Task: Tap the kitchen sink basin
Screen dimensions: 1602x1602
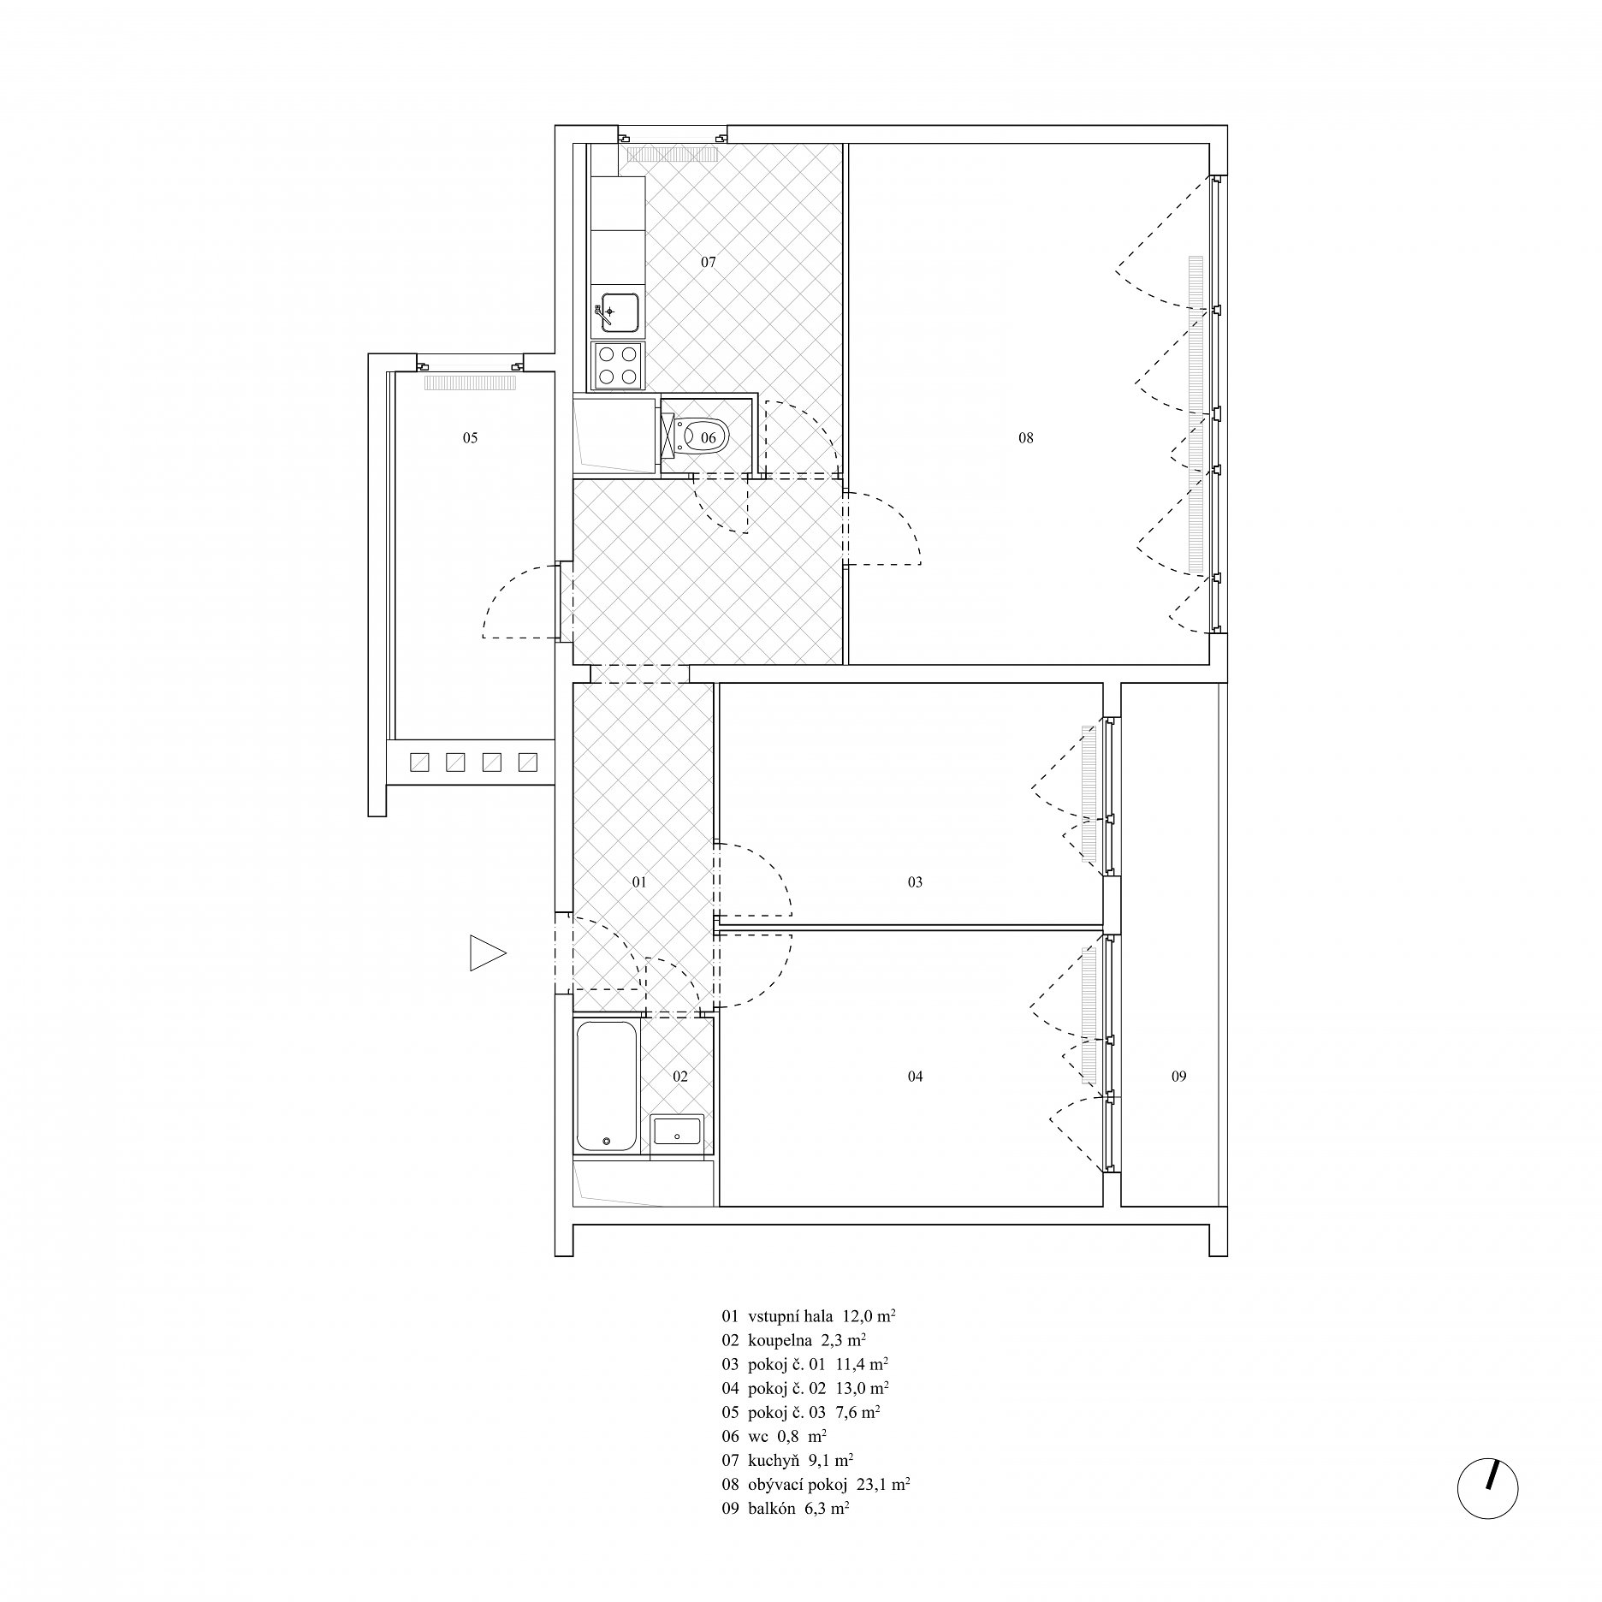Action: tap(619, 311)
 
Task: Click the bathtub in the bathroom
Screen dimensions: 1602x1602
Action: tap(606, 1086)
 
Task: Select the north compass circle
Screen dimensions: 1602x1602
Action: tap(1488, 1488)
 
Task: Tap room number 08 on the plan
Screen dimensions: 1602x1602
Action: tap(1026, 438)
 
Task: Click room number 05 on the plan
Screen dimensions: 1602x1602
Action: tap(470, 438)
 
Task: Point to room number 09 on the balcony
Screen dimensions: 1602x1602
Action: tap(1179, 1077)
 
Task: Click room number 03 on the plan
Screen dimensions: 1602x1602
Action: tap(915, 882)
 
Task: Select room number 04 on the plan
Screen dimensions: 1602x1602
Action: tap(915, 1077)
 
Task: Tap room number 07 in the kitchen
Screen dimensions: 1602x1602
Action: tap(709, 263)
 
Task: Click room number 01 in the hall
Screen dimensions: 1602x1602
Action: tap(639, 882)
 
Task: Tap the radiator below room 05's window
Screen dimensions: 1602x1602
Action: tap(470, 383)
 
